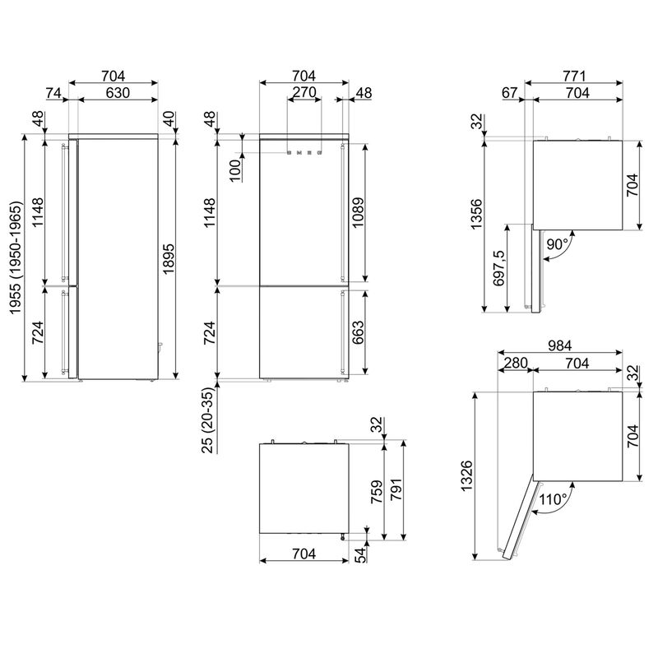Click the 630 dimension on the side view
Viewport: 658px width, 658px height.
pyautogui.click(x=118, y=93)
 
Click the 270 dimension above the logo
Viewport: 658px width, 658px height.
pyautogui.click(x=304, y=93)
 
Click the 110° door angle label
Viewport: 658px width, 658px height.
pyautogui.click(x=554, y=499)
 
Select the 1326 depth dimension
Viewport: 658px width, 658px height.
pyautogui.click(x=467, y=475)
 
